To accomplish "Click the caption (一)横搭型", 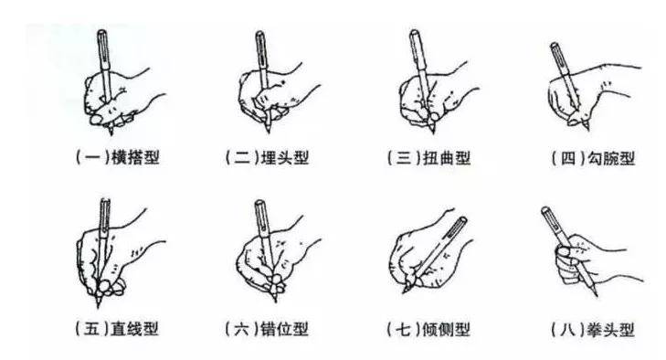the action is tap(118, 157).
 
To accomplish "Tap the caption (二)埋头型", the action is tap(267, 157).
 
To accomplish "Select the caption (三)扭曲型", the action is tap(429, 158).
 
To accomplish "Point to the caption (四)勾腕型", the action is tap(593, 158).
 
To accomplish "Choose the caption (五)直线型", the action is tap(117, 328).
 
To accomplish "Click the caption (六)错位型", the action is tap(267, 329).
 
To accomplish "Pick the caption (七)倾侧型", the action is tap(428, 329).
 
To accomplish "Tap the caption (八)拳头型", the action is tap(593, 330).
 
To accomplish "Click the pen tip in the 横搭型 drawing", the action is tap(111, 133).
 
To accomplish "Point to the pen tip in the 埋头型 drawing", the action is tap(268, 132).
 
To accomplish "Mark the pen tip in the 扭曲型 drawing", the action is tap(433, 132).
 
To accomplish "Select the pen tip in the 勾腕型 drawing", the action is tap(588, 129).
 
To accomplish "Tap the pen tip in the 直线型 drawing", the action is tap(99, 305).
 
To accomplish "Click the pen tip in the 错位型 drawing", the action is tap(276, 301).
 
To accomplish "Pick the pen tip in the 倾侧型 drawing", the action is tap(404, 292).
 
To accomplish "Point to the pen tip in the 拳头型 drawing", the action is tap(597, 295).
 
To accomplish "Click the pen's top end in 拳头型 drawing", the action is tap(544, 209).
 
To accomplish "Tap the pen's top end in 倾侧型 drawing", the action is tap(463, 219).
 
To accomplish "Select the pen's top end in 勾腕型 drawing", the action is tap(554, 45).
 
